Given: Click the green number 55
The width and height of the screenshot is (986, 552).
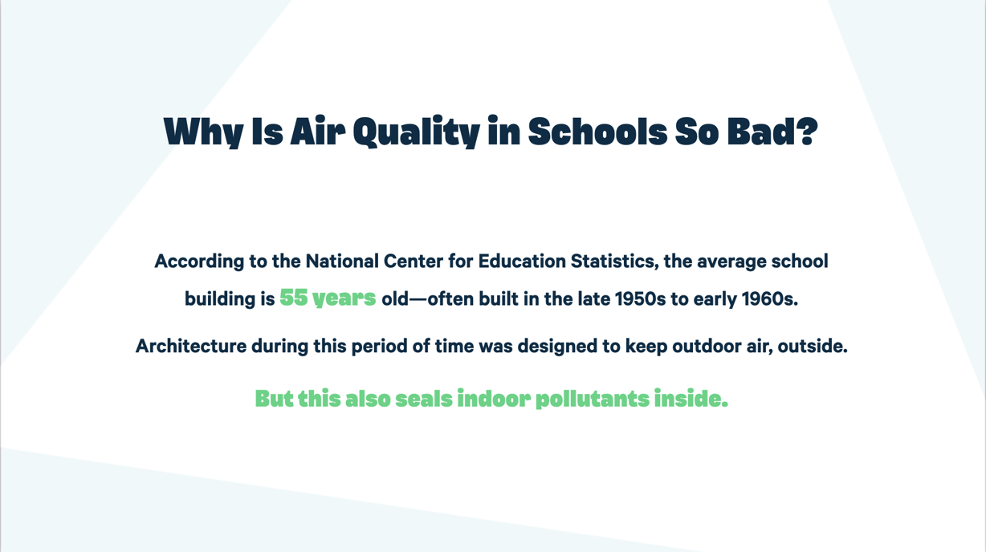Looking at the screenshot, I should pos(293,298).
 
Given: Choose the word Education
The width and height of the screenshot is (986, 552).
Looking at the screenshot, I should pos(521,262).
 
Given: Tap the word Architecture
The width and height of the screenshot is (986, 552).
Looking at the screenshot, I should pos(190,347).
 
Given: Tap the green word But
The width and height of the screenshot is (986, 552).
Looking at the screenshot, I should pos(274,399).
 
